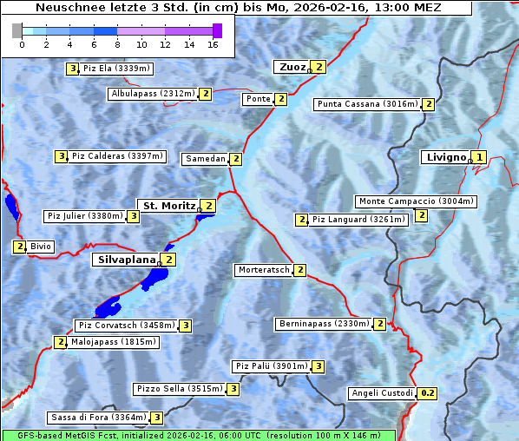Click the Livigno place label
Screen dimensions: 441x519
pos(445,157)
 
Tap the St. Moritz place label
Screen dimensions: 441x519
pos(168,206)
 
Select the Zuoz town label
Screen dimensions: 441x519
pos(291,67)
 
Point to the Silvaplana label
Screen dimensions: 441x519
pos(126,259)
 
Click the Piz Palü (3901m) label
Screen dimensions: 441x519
pos(272,366)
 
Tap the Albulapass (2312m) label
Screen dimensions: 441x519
pos(153,94)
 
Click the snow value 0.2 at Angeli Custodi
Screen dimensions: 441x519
pos(427,393)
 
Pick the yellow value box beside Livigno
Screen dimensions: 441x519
pos(479,157)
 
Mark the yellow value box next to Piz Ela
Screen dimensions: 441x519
pos(73,69)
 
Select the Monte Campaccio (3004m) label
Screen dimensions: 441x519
pos(416,201)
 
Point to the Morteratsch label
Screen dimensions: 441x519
pos(264,270)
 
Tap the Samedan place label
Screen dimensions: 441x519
pos(205,159)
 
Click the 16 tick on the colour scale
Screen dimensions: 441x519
pos(213,43)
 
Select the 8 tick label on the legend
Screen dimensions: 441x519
pos(117,43)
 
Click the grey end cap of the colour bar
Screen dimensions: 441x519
pos(17,30)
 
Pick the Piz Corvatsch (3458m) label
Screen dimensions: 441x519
pos(125,326)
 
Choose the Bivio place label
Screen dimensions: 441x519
pos(41,247)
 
